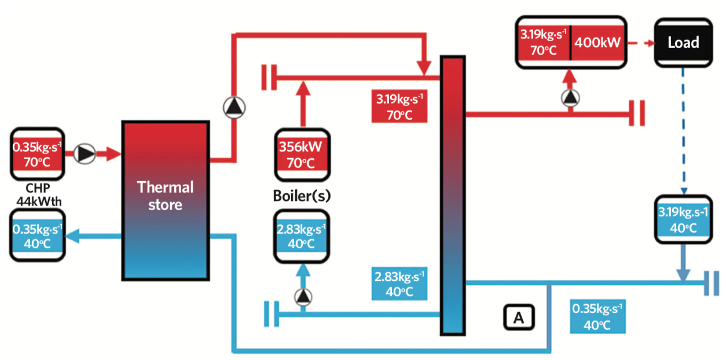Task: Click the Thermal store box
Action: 165,200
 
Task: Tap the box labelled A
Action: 519,317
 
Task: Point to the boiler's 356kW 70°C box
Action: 302,154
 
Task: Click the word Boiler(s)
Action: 302,195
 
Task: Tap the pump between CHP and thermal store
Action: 86,153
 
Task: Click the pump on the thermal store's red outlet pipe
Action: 234,106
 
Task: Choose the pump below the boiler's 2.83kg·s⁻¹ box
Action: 302,297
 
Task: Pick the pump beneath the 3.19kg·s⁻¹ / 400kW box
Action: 570,98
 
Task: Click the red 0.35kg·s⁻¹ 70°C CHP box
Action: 37,154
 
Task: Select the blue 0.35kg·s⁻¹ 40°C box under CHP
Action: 37,236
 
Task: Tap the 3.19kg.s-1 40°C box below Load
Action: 683,220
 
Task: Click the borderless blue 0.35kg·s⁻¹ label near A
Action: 598,316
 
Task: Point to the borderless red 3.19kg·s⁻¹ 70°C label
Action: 399,106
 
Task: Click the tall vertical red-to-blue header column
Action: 453,196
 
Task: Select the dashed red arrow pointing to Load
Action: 640,42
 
